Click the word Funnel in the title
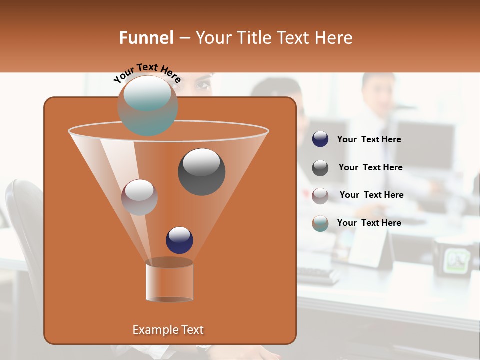tap(146, 38)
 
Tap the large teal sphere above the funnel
tap(147, 105)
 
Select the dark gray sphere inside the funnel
tap(201, 171)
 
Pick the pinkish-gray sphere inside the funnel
tap(139, 197)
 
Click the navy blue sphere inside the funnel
tap(179, 240)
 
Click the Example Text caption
tap(168, 330)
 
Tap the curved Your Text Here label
tap(147, 73)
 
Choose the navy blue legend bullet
tap(320, 139)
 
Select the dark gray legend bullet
tap(320, 167)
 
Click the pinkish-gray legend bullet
tap(320, 195)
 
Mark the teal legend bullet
tap(320, 223)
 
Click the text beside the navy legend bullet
tap(369, 140)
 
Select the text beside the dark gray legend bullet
tap(370, 167)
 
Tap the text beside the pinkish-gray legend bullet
tap(371, 195)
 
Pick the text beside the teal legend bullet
tap(369, 223)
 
